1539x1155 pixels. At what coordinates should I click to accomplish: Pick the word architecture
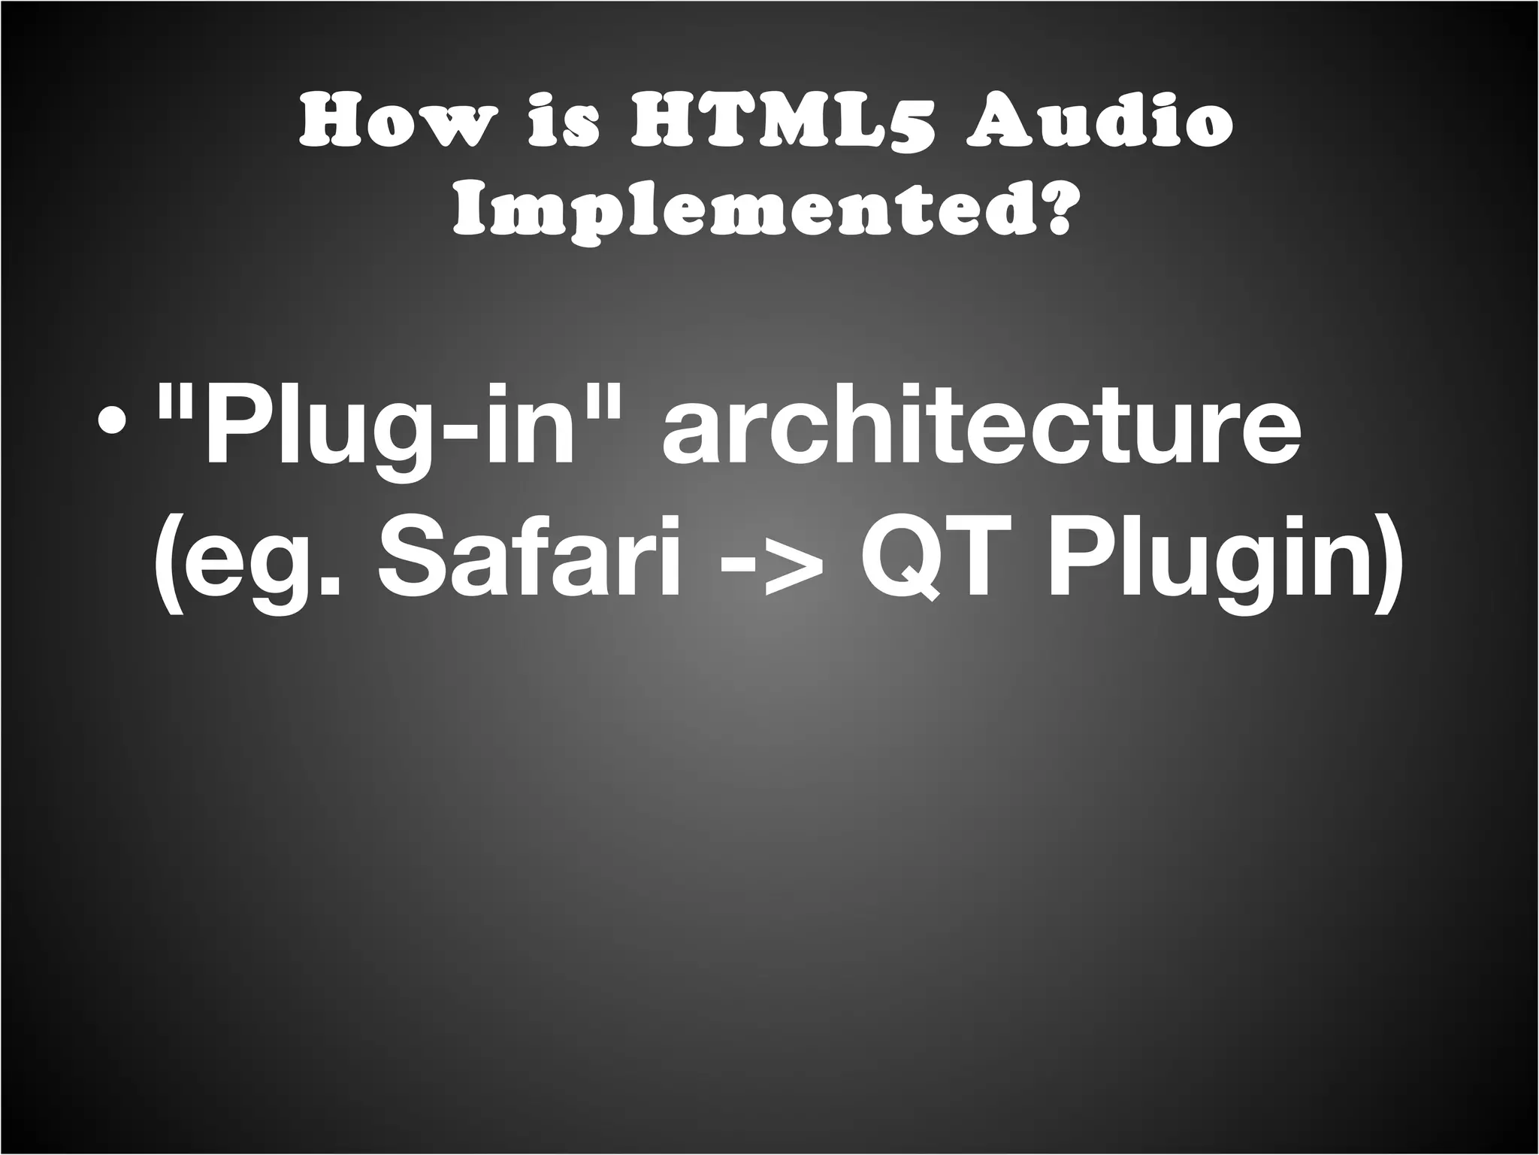coord(981,429)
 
